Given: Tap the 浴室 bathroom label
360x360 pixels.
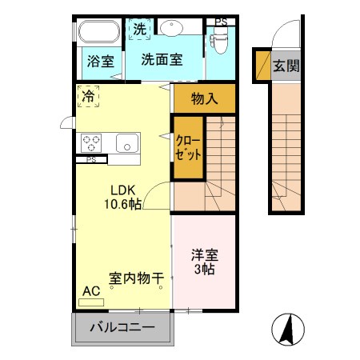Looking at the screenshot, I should pyautogui.click(x=99, y=61).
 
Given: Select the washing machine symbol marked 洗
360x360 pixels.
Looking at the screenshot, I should pyautogui.click(x=141, y=26).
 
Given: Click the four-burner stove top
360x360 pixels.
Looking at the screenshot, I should pyautogui.click(x=91, y=143).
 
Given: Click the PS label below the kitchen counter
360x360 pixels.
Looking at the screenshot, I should pyautogui.click(x=92, y=160).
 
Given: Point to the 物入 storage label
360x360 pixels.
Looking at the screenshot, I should pyautogui.click(x=205, y=99).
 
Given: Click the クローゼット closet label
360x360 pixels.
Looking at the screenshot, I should pyautogui.click(x=188, y=147).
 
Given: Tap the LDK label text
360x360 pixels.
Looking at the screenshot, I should pyautogui.click(x=124, y=190).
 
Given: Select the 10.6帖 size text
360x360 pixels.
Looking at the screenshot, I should pyautogui.click(x=123, y=205).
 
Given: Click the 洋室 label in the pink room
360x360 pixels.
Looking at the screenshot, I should pyautogui.click(x=204, y=256).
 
